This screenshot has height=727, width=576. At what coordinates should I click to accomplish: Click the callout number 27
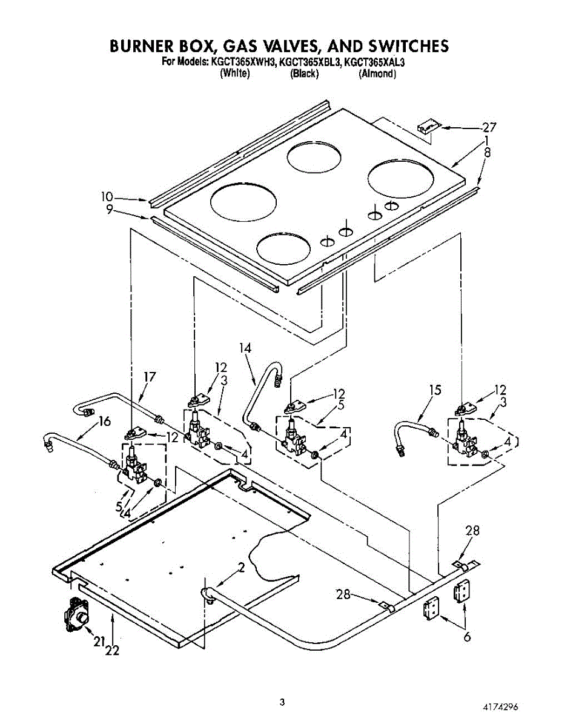coord(489,127)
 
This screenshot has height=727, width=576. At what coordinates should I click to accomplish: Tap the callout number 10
coord(107,196)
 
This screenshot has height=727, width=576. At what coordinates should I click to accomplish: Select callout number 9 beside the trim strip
coord(109,210)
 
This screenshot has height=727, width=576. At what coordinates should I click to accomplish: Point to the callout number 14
coord(245,348)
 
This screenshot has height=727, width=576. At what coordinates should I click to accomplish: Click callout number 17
coord(149,377)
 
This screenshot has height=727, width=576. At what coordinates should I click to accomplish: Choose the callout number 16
coord(104,421)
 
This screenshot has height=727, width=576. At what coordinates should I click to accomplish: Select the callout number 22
coord(112,651)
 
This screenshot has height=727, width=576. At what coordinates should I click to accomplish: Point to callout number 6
coord(466,637)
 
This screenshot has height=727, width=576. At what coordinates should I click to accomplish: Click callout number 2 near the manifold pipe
coord(241,568)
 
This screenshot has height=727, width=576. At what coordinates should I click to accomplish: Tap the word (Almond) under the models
coord(377,74)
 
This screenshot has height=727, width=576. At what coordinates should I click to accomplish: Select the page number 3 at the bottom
coord(282,702)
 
